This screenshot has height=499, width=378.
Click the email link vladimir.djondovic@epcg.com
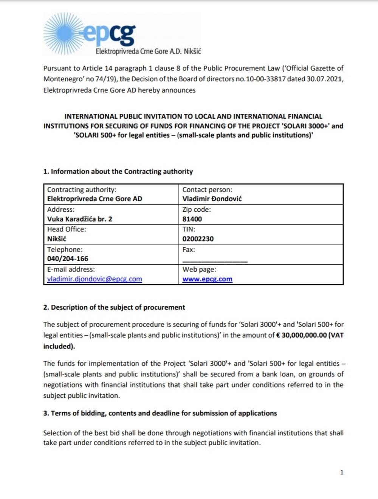click(94, 279)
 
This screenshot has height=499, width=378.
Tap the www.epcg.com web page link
click(207, 279)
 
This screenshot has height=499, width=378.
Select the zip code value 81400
click(192, 219)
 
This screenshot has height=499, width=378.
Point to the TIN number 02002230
click(198, 239)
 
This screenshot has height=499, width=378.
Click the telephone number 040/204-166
click(68, 259)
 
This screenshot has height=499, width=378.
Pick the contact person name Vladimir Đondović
click(212, 199)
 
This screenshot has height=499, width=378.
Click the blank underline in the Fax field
click(215, 260)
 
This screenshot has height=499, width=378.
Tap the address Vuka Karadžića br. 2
click(79, 219)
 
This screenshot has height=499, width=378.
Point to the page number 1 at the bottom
click(342, 472)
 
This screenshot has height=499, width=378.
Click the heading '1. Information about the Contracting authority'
click(118, 172)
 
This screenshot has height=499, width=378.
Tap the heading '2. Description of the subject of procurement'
click(114, 307)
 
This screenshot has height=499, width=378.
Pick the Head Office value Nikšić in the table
click(57, 239)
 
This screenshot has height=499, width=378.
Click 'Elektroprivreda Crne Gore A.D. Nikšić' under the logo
click(148, 51)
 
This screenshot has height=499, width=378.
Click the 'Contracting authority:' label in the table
click(82, 190)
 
